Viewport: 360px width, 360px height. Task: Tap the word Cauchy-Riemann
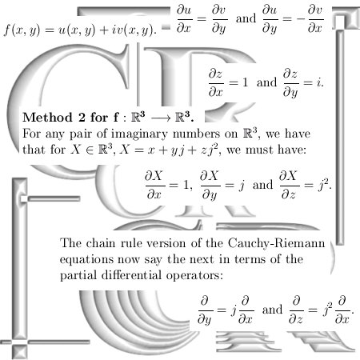point(277,244)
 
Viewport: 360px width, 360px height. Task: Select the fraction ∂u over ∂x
point(184,19)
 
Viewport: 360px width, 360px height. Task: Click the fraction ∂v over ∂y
point(219,20)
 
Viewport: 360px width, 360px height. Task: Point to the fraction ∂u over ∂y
point(270,20)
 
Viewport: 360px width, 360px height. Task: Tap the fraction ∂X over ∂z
point(288,186)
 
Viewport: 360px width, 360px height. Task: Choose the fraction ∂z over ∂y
point(290,83)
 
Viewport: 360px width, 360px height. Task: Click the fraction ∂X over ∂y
point(210,186)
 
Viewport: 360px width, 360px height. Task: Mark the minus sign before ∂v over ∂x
point(301,19)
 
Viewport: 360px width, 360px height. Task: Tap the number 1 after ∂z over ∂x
point(245,82)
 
